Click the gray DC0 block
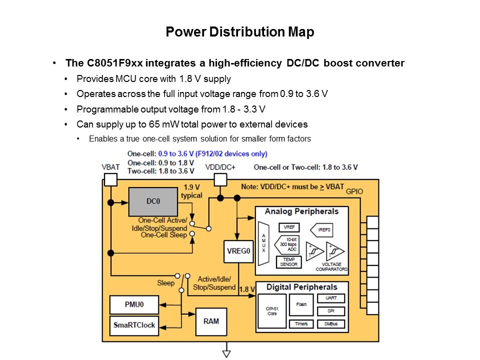(x=152, y=201)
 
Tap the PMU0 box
(x=134, y=304)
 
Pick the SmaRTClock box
(x=134, y=325)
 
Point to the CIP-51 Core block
(x=272, y=311)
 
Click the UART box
(x=330, y=298)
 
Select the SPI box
(x=330, y=311)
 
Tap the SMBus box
(x=330, y=324)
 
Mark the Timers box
(x=301, y=324)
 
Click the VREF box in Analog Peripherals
(x=289, y=227)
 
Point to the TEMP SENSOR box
(x=289, y=261)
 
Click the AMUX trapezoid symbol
(x=264, y=243)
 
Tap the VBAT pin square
(x=110, y=179)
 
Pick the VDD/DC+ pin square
(x=220, y=179)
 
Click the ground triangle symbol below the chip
(x=227, y=353)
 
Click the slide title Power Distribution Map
(x=240, y=32)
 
